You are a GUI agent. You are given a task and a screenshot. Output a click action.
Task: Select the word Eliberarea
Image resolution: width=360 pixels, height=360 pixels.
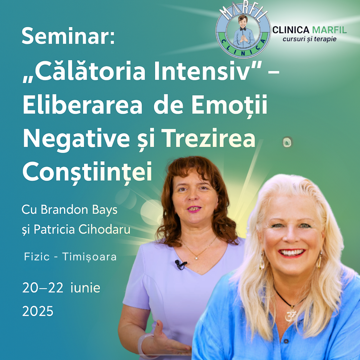pos(83,104)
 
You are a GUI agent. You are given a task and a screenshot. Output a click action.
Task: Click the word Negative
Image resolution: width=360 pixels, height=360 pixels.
pos(76,139)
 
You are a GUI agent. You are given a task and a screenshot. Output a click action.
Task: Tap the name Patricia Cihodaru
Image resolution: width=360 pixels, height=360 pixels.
pos(82,229)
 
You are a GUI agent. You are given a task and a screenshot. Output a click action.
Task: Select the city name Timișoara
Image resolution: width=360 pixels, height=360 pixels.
pos(89,257)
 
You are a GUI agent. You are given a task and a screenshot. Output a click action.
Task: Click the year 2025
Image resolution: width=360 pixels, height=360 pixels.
pos(38,311)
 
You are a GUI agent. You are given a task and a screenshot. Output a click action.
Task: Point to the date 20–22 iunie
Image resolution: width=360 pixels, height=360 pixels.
pos(61,288)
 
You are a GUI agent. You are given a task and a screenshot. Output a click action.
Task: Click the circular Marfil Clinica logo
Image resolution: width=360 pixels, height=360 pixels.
pos(243,31)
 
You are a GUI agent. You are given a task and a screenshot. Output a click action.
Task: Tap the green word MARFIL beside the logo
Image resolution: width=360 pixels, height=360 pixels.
pos(329,30)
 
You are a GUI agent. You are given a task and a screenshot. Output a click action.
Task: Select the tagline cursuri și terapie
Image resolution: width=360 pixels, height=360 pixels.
pos(309,39)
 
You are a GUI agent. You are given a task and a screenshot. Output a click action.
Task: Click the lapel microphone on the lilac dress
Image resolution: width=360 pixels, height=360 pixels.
pos(181,264)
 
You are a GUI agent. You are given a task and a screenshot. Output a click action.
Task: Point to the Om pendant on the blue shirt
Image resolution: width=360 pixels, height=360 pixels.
pos(291,315)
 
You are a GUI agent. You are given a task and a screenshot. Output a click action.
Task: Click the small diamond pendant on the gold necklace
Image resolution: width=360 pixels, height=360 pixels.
pos(197,258)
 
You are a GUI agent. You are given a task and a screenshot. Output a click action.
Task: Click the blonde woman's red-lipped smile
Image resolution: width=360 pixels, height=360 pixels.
pos(292,253)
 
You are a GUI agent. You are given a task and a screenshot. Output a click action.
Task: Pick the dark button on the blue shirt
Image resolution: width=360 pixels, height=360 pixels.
pos(286,341)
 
